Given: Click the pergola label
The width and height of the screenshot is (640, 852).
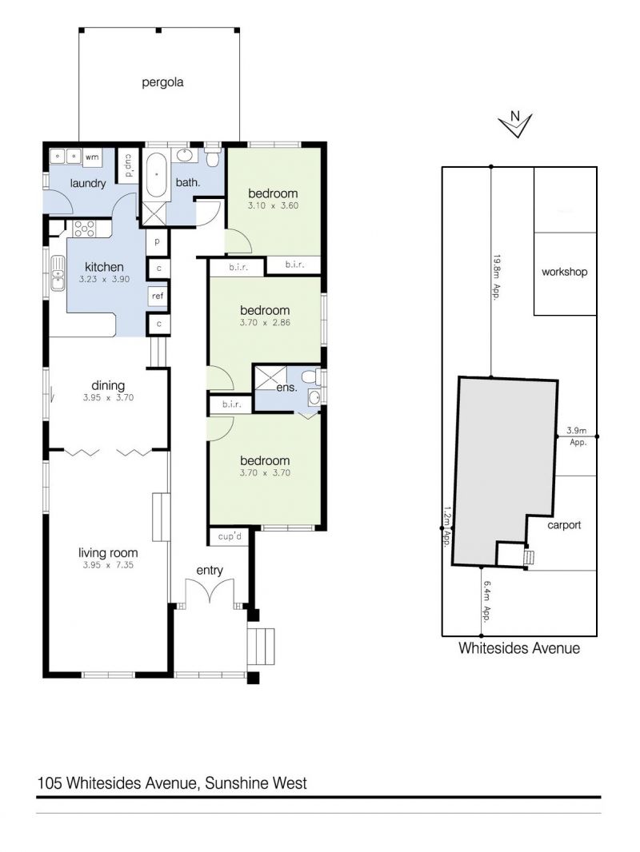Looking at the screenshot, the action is [162, 82].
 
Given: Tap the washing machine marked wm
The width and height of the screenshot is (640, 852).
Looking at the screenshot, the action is [92, 157].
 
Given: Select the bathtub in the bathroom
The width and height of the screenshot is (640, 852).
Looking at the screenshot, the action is [156, 175].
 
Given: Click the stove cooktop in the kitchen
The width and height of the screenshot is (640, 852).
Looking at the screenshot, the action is [84, 229].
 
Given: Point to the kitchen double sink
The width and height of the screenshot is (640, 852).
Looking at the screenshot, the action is [57, 274].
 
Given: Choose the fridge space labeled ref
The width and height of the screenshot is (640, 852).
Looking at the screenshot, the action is [158, 296].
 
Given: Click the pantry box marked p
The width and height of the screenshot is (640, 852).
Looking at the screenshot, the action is [158, 241].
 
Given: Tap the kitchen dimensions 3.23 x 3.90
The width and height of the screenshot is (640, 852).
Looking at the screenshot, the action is [105, 279].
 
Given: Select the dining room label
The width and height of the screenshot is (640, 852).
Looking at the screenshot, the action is [108, 385].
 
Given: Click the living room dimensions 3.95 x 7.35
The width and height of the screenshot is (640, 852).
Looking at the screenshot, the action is [108, 565].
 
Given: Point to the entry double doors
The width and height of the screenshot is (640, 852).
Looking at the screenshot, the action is [210, 591].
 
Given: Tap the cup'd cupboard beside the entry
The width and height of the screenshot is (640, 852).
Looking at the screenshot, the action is [230, 536].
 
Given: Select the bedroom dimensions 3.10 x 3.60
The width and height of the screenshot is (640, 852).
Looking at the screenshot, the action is [273, 206].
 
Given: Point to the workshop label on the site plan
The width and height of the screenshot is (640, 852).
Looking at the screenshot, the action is [565, 272].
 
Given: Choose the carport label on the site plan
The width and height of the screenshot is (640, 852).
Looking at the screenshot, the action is [564, 525].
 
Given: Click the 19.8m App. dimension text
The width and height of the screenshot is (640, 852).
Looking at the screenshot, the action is [496, 277].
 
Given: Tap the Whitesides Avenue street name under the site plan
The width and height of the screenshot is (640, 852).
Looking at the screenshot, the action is [519, 648].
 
